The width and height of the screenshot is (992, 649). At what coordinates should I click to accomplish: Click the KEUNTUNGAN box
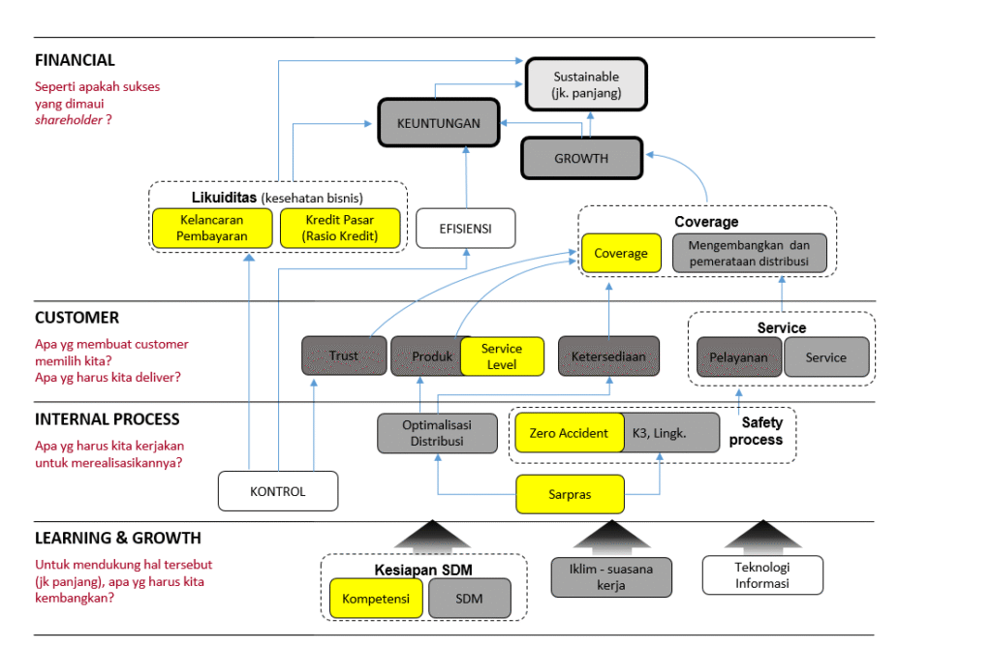(x=438, y=123)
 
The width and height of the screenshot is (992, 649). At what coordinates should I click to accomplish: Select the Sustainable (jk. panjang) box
(x=586, y=84)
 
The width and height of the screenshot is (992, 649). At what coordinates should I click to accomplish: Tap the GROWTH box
(x=581, y=158)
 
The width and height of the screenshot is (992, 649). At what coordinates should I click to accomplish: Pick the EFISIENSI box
(x=465, y=229)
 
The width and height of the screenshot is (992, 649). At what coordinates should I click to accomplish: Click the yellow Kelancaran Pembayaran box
(x=212, y=229)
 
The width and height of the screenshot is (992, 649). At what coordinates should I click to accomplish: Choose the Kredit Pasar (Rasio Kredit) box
(x=339, y=229)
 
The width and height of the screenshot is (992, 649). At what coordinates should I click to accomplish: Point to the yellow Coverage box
(x=621, y=253)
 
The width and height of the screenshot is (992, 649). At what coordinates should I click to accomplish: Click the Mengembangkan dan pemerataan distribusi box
(x=750, y=253)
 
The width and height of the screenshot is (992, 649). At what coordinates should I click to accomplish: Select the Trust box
(x=344, y=355)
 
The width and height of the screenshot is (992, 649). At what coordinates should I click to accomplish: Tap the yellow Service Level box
(x=501, y=356)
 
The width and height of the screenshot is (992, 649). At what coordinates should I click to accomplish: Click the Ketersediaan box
(x=608, y=355)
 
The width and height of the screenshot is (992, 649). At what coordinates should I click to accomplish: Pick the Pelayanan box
(x=739, y=356)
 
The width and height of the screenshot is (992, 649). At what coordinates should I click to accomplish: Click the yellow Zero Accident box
(x=570, y=433)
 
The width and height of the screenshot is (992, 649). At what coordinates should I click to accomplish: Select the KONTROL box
(x=278, y=491)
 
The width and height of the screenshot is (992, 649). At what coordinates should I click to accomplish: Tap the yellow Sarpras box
(x=569, y=494)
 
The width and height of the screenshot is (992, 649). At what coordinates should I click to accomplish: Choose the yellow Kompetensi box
(x=376, y=599)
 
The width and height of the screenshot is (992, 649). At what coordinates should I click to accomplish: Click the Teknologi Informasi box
(x=762, y=574)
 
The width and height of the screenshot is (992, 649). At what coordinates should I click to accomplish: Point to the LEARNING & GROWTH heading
(x=118, y=538)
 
